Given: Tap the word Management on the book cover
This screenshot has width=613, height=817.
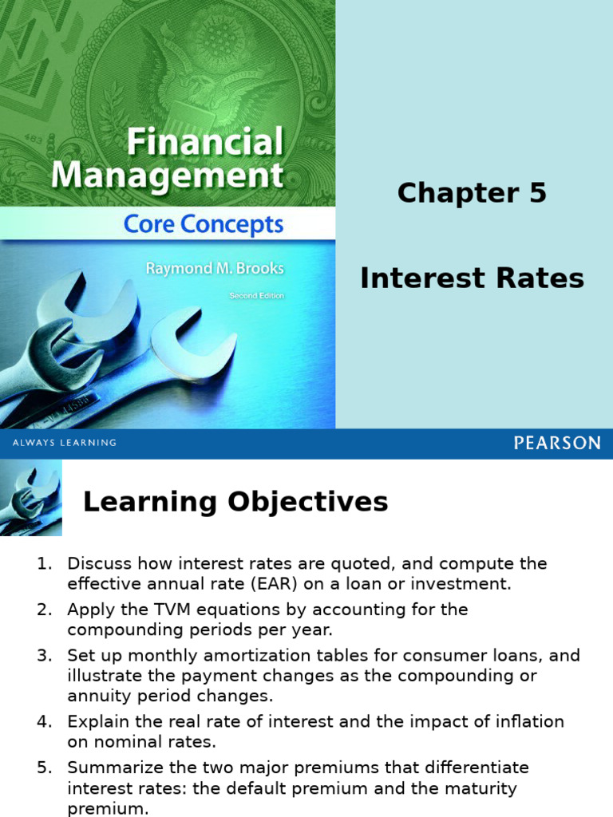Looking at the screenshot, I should coord(168,176).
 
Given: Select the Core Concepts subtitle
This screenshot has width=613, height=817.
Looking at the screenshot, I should coord(204,225).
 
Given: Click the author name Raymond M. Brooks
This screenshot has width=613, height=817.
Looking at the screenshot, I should coord(214,269).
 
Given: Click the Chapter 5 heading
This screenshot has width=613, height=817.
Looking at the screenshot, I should coord(472,193).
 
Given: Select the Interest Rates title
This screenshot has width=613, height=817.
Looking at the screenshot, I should coord(472,278).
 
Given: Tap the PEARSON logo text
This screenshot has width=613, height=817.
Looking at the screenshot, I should coord(556,444).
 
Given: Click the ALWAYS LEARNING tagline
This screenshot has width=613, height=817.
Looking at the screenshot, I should coord(64,443).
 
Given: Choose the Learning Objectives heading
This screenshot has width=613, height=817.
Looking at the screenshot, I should coord(235,502).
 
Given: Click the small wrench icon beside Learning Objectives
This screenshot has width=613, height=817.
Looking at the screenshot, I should coord(31,499).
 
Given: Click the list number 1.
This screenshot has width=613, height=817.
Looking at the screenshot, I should coord(44,564).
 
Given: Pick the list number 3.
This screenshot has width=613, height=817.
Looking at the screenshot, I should coord(44,656).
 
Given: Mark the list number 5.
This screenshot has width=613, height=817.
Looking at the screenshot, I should coord(44,768).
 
